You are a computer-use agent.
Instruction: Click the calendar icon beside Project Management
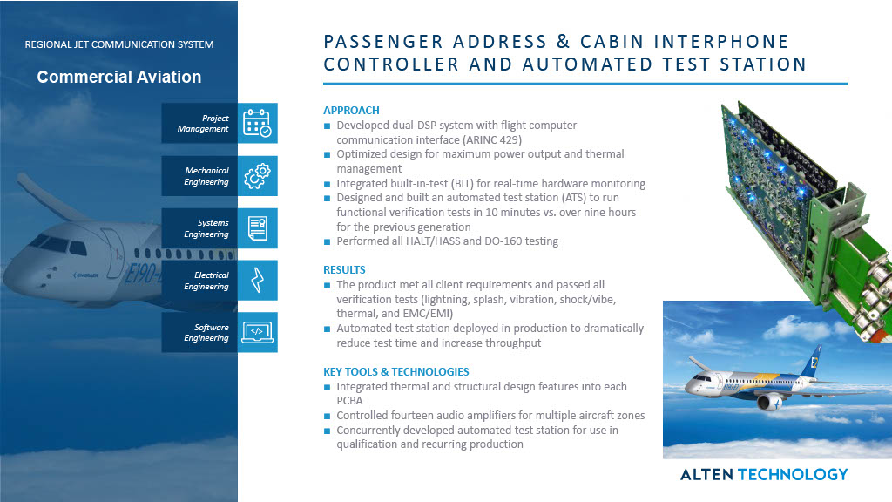click(x=256, y=124)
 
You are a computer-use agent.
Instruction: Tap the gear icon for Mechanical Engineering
click(x=256, y=176)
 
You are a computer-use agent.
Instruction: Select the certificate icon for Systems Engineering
click(x=256, y=228)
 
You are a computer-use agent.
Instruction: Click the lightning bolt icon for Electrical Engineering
click(x=256, y=281)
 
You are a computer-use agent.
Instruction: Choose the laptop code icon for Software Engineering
click(x=256, y=332)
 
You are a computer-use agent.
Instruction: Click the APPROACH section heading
click(x=351, y=111)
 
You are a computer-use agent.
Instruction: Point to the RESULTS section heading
click(x=344, y=270)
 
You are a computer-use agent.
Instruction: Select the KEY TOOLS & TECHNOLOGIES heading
click(x=396, y=372)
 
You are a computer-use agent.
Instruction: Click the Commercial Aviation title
click(x=118, y=78)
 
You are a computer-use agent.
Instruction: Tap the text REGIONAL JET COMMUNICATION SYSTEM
click(x=118, y=44)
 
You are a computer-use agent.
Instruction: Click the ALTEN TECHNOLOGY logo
click(x=763, y=474)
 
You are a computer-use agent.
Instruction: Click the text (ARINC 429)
click(x=490, y=139)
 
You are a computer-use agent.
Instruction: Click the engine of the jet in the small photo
click(x=768, y=401)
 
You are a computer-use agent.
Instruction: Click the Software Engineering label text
click(x=206, y=333)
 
